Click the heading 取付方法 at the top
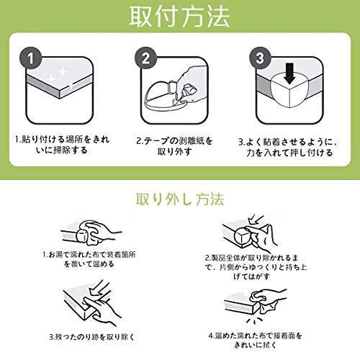point(179,17)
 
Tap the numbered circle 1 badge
point(30,58)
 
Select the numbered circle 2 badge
point(145,58)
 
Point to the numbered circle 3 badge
point(260,58)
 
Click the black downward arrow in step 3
point(290,73)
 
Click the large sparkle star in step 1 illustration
point(62,71)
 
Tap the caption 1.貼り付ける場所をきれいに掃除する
point(62,145)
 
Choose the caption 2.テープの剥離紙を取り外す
point(174,146)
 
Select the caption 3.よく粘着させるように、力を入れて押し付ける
point(289,147)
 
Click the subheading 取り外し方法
point(180,199)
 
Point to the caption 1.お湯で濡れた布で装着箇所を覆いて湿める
point(89,259)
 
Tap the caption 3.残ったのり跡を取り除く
point(92,337)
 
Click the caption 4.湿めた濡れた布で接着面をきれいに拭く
point(256,340)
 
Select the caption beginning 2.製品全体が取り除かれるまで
point(256,267)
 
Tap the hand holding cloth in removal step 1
point(101,232)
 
